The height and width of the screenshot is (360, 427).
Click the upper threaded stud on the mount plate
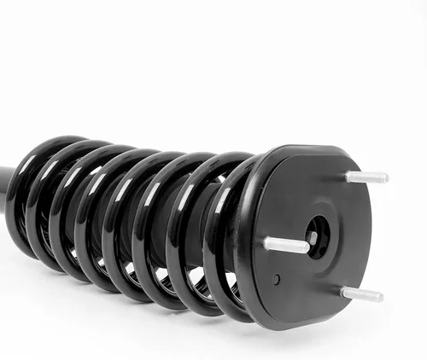366,177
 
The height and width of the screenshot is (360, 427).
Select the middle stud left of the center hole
286,246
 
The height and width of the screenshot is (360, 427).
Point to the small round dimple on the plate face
276,279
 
